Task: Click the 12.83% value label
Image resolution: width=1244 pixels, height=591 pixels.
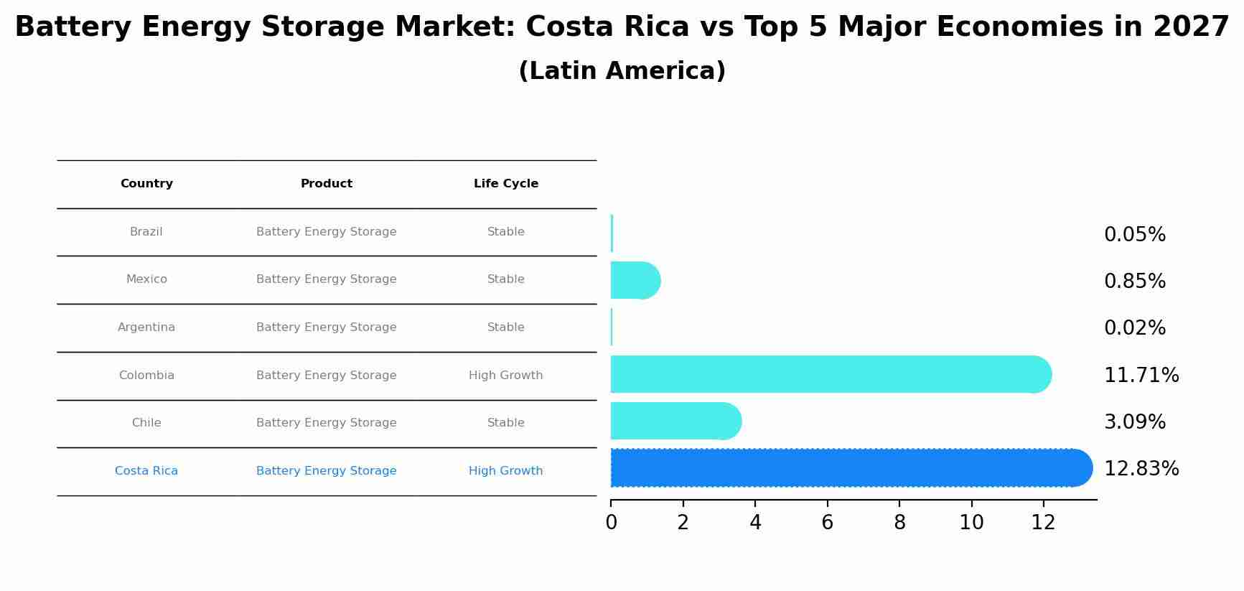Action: pos(1141,469)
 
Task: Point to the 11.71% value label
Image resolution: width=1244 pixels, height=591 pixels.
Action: pos(1141,375)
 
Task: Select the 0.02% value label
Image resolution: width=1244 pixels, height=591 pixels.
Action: pos(1134,328)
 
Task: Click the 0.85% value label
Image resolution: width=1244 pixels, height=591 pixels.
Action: pos(1134,281)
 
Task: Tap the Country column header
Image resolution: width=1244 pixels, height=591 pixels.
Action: pos(146,184)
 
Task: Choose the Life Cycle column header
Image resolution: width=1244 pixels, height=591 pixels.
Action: pos(505,184)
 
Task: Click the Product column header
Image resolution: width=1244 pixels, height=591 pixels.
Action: pos(326,184)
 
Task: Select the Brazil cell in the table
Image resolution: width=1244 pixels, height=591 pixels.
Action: pos(146,232)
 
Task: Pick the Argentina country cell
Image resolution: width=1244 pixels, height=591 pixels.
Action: pos(146,327)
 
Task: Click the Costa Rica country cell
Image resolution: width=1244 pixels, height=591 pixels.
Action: pos(146,471)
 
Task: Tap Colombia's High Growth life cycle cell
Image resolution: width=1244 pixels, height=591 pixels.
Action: pos(505,376)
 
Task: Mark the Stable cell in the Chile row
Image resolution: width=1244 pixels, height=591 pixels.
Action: pos(505,423)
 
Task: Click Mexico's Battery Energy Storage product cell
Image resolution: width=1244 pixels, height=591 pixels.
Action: pos(326,279)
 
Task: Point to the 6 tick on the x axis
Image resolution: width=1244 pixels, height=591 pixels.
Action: pos(827,523)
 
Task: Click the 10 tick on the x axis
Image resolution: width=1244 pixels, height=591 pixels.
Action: pos(971,523)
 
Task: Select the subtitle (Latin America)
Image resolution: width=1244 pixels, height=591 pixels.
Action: pos(622,71)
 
